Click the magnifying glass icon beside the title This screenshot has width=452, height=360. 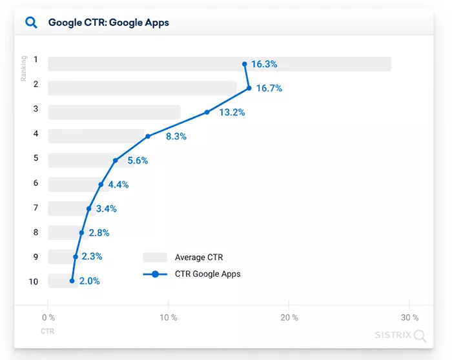pos(31,23)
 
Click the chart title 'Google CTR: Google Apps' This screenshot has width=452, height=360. pos(108,23)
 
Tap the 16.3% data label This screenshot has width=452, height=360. pos(264,64)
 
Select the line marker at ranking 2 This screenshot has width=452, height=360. pos(249,88)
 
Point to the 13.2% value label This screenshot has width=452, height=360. pos(232,112)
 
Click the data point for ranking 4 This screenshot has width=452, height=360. pos(148,136)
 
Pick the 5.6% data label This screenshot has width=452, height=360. pos(138,161)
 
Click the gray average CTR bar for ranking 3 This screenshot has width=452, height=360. pos(114,112)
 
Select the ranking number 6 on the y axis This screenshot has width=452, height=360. pos(36,183)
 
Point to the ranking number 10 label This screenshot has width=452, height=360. pos(34,281)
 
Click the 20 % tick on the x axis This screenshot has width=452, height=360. pos(289,317)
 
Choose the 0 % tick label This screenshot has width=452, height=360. pos(48,317)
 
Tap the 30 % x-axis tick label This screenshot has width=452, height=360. pos(409,317)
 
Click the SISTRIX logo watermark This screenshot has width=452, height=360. pos(400,335)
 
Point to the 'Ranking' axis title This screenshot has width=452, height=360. pos(24,68)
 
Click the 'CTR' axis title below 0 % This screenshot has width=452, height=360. pos(48,332)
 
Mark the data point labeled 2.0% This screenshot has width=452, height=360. pos(72,281)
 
